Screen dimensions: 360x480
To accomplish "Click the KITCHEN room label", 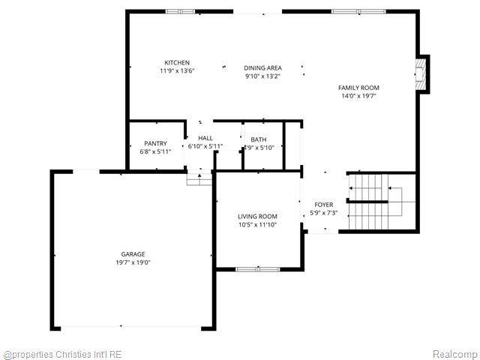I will click(177, 62).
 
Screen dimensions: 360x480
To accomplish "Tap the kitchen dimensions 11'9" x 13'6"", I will click(177, 71).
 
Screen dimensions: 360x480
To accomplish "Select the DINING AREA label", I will click(262, 67).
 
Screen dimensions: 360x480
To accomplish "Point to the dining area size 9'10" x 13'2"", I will click(262, 76).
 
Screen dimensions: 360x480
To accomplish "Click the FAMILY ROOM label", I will click(358, 88).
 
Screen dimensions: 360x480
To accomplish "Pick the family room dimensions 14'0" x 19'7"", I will click(358, 96).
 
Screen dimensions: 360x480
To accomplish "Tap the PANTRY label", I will click(155, 143).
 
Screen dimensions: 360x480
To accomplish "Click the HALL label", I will click(205, 138).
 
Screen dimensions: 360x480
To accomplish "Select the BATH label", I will click(258, 139).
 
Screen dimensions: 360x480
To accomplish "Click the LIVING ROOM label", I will click(257, 216).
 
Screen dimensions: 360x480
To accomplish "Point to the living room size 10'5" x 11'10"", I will click(257, 224).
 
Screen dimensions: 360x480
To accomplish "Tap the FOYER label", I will click(323, 204).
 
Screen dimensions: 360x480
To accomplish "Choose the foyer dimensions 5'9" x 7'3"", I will click(323, 212).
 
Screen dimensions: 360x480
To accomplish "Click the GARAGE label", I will click(133, 254).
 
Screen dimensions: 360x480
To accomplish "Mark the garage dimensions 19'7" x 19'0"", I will click(133, 262).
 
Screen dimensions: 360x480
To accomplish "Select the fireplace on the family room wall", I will click(422, 74).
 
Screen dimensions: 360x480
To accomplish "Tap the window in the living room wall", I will click(257, 268).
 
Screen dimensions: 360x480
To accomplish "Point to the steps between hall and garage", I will click(199, 178).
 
